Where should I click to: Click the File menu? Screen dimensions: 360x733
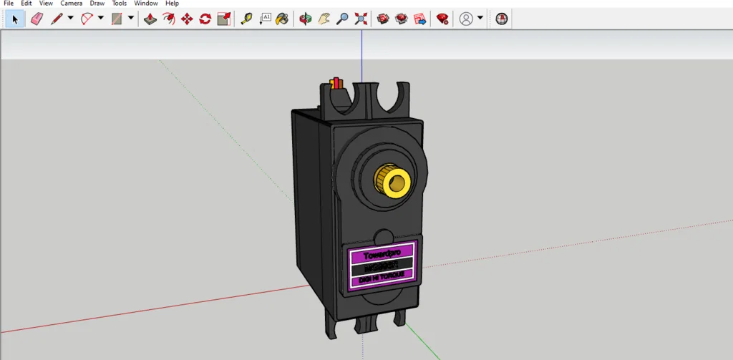[x=9, y=4]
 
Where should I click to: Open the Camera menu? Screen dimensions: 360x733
[x=71, y=4]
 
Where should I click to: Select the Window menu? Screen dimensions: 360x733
[x=146, y=4]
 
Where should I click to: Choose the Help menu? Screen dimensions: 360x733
[x=172, y=4]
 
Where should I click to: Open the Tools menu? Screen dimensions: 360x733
[x=119, y=4]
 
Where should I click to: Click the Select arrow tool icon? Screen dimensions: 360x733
[x=15, y=19]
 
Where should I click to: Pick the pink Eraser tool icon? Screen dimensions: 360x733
[x=37, y=19]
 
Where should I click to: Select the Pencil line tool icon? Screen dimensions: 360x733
[x=57, y=19]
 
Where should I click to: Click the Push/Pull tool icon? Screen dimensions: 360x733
[x=150, y=19]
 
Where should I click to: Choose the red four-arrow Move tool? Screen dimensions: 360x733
[x=187, y=19]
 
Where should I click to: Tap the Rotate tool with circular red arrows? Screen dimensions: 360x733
[x=205, y=19]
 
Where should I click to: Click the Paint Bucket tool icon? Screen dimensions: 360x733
[x=283, y=19]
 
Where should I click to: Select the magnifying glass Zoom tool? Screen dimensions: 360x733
[x=342, y=19]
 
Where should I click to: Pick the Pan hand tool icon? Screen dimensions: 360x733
[x=324, y=19]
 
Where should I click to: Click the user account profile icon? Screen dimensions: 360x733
[x=466, y=19]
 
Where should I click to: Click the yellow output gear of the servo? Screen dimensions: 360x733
[x=392, y=181]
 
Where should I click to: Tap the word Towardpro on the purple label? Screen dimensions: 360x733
[x=387, y=254]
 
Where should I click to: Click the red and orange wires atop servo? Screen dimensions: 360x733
[x=336, y=84]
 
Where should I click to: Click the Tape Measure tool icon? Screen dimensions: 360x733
[x=246, y=19]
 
